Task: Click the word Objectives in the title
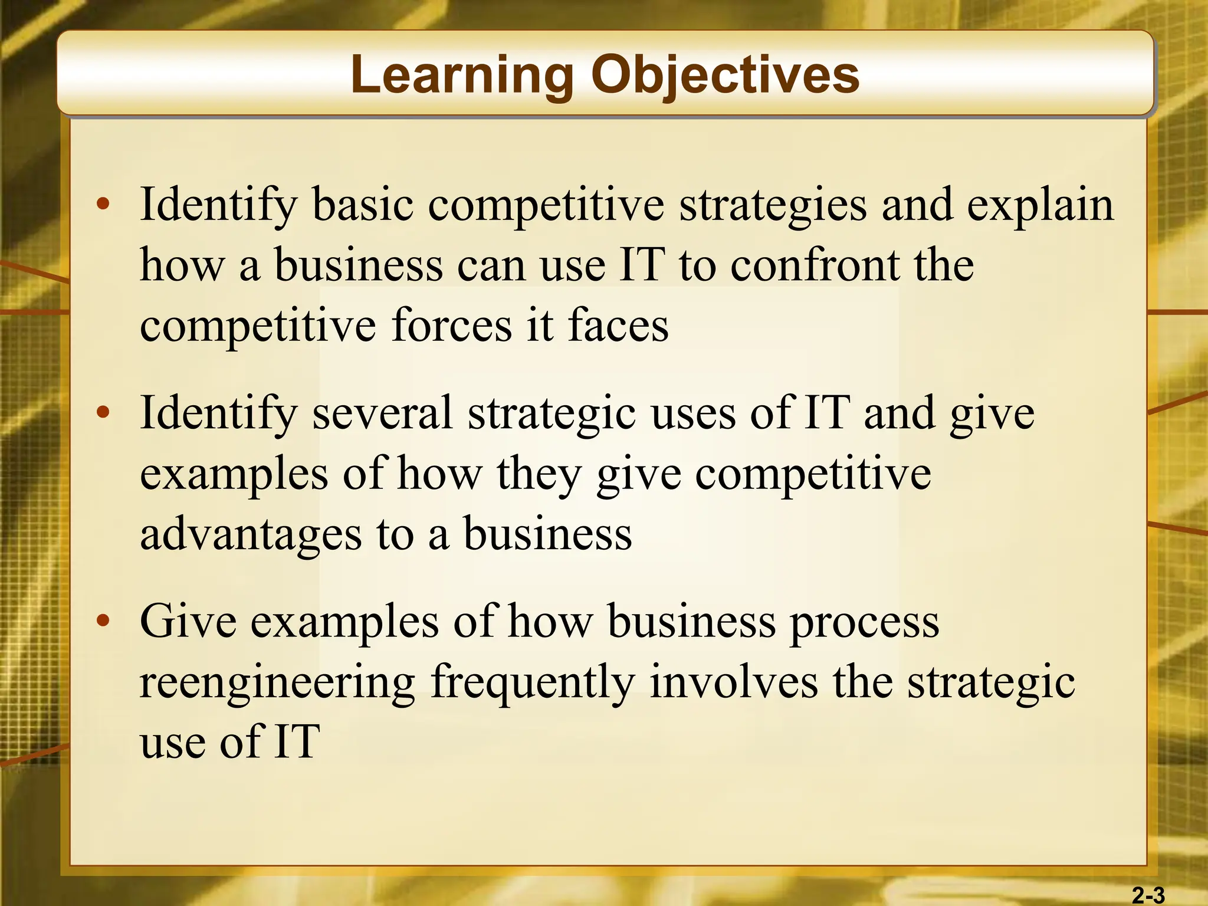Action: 725,75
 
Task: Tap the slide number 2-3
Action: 1148,895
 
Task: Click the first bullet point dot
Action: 103,205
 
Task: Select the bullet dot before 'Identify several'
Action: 103,413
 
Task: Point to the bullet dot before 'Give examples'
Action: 103,621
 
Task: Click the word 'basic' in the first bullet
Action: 362,205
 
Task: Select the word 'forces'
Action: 451,326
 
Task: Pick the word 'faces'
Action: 618,326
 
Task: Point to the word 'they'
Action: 539,475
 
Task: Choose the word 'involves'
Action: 733,682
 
